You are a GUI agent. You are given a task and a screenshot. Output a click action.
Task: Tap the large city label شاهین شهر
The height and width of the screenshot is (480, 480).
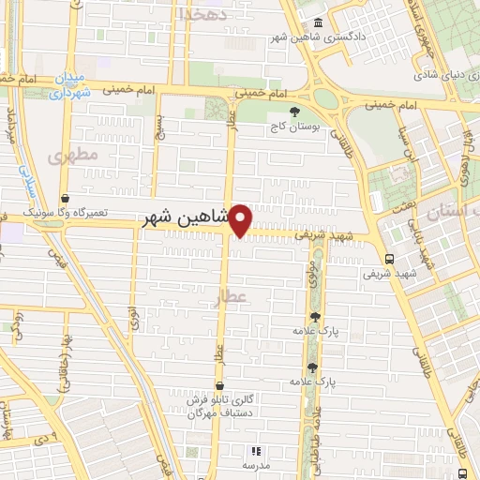coord(186,218)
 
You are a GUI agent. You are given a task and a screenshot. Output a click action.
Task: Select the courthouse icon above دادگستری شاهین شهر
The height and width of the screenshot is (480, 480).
coord(318,23)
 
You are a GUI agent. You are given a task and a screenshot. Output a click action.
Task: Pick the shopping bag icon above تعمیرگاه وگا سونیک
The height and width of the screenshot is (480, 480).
coord(65,199)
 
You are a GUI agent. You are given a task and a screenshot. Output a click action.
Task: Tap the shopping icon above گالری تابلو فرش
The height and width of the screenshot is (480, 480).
coord(218,385)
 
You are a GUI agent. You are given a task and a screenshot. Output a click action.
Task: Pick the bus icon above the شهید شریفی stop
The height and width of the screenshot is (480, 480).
coord(390,258)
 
